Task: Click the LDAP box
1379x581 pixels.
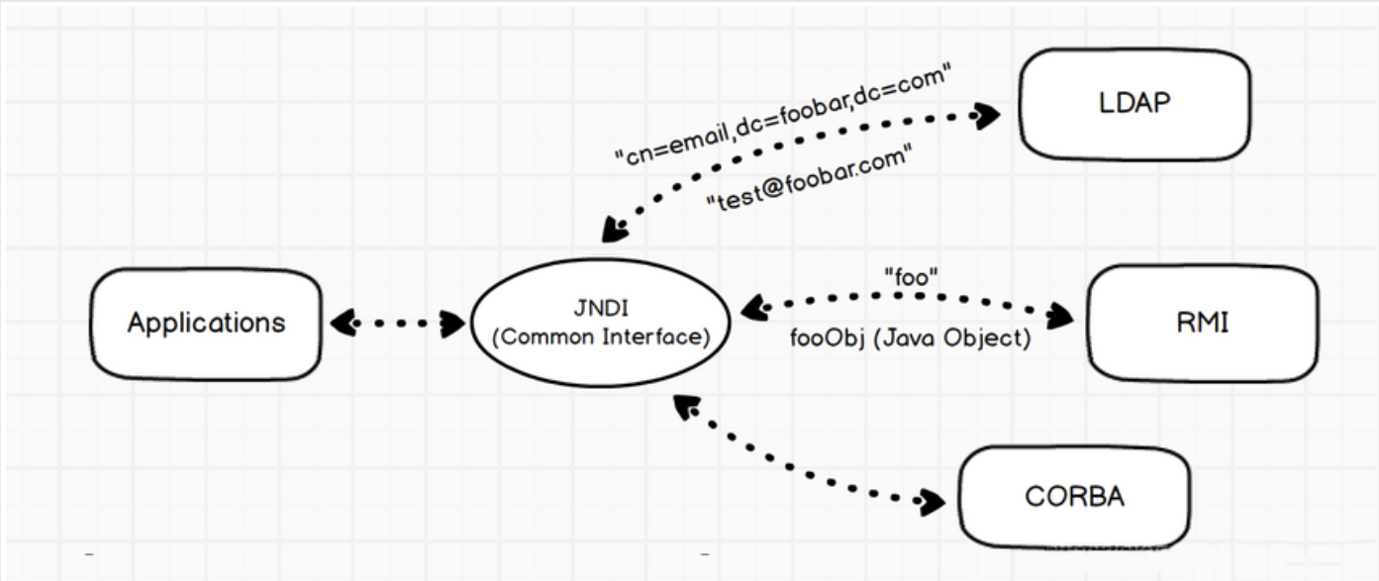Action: tap(1134, 104)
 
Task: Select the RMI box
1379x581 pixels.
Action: tap(1203, 323)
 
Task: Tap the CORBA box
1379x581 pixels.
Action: tap(1075, 497)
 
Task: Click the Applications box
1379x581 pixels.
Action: tap(206, 324)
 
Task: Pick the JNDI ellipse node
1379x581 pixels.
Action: tap(601, 323)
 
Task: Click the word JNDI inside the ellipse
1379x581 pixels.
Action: tap(601, 308)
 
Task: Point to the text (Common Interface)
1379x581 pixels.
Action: tap(601, 338)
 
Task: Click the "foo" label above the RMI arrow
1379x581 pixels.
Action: tap(911, 277)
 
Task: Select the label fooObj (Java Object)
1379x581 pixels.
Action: tap(911, 339)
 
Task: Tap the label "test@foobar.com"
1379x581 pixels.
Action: tap(810, 177)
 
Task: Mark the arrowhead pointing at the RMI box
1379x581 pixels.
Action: tap(1060, 316)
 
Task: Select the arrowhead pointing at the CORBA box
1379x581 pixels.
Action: tap(930, 502)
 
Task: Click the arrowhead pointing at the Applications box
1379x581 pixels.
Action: tap(344, 323)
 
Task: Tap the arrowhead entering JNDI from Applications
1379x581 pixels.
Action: tap(453, 324)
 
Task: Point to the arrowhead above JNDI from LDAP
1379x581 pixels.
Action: tap(615, 229)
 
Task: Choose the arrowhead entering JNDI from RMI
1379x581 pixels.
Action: tap(754, 307)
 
